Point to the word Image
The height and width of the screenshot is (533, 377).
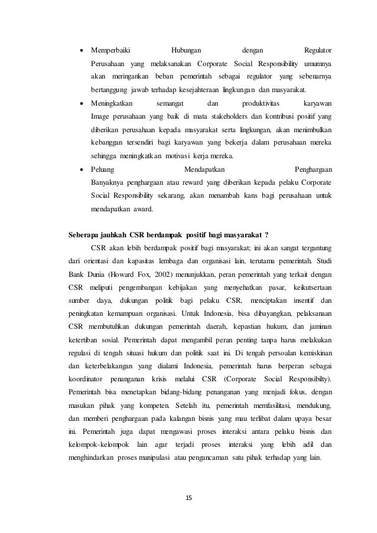click(100, 116)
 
